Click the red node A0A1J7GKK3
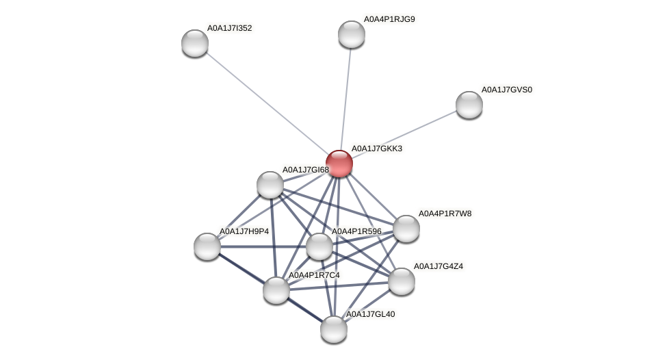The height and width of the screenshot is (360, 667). [x=339, y=164]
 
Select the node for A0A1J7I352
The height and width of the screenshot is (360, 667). [x=195, y=43]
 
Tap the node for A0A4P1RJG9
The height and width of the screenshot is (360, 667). [x=351, y=34]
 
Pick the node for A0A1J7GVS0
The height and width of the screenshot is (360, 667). [x=469, y=104]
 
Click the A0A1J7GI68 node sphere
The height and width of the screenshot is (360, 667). [x=270, y=185]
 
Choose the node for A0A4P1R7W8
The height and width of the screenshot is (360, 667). [x=406, y=229]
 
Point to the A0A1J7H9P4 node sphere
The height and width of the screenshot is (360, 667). [x=207, y=246]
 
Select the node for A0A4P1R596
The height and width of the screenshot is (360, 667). [x=319, y=246]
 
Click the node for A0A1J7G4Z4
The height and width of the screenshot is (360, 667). [x=401, y=281]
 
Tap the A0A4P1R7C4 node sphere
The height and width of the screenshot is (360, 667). [x=276, y=290]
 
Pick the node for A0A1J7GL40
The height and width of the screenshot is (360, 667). [x=334, y=329]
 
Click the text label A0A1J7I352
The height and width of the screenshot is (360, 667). [x=229, y=28]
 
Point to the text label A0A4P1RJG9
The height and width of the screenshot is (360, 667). [x=389, y=19]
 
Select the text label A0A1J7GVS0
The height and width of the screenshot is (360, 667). [x=506, y=90]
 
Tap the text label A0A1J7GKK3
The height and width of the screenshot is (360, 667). [x=376, y=149]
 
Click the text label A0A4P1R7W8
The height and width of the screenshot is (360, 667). [x=445, y=214]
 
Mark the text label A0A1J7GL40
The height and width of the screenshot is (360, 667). [x=370, y=314]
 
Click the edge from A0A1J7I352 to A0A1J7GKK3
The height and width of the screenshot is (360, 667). [x=267, y=103]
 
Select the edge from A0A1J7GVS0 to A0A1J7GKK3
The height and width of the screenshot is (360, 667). [x=404, y=134]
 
